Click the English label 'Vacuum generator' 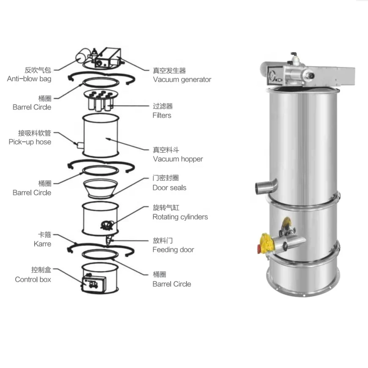(x=182, y=80)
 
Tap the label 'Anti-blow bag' (x=29, y=79)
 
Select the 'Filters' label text (x=162, y=115)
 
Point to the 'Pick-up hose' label (x=30, y=142)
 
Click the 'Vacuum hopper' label (x=178, y=159)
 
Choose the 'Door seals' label (x=169, y=188)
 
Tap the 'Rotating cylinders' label (x=180, y=217)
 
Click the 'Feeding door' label (x=173, y=250)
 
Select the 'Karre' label (x=42, y=244)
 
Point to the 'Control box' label (x=33, y=280)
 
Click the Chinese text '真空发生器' (x=169, y=71)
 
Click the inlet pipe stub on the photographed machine (x=266, y=186)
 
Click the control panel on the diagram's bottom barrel (x=91, y=283)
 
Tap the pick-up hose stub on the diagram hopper (x=79, y=145)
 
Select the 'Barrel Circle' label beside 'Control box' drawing (x=172, y=284)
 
